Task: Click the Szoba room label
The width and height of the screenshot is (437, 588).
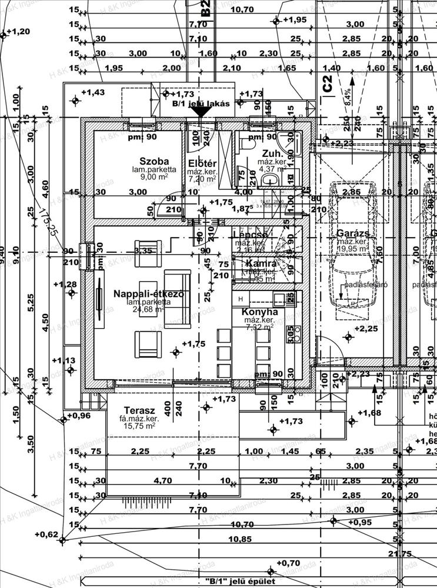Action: pyautogui.click(x=154, y=161)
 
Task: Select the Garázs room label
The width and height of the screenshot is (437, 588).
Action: pyautogui.click(x=353, y=233)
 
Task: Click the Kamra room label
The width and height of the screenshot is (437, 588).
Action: pyautogui.click(x=258, y=263)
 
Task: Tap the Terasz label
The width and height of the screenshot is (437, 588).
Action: pyautogui.click(x=139, y=410)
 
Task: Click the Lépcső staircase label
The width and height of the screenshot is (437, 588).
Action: pyautogui.click(x=251, y=234)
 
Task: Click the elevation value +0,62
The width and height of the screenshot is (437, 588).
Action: pyautogui.click(x=46, y=534)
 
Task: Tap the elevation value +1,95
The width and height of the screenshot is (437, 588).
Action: pyautogui.click(x=295, y=20)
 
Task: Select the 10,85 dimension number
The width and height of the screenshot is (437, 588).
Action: pyautogui.click(x=241, y=539)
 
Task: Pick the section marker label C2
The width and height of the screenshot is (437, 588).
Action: pyautogui.click(x=328, y=84)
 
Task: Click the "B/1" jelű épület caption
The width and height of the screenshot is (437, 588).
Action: pyautogui.click(x=240, y=581)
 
